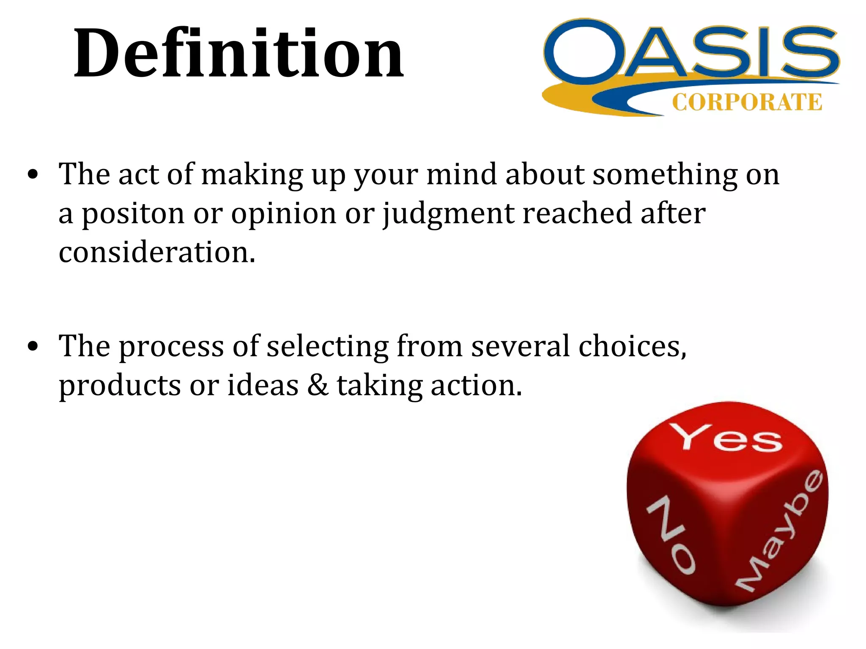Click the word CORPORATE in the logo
(x=747, y=102)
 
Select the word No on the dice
(x=671, y=534)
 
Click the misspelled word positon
(x=133, y=214)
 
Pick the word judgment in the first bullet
(x=448, y=214)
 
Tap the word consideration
(x=157, y=252)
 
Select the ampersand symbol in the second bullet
(x=318, y=385)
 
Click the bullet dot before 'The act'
(x=33, y=175)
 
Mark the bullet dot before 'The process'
(x=33, y=346)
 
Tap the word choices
(x=632, y=346)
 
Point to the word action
(x=476, y=385)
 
